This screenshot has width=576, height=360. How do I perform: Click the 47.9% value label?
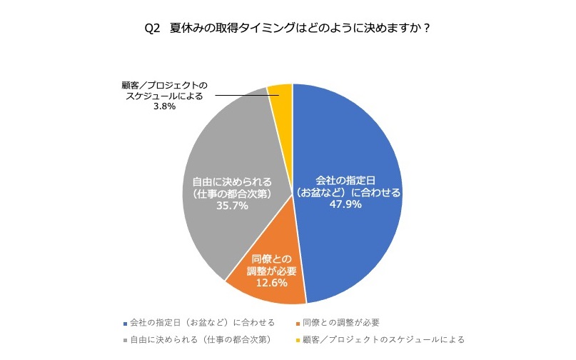(x=345, y=204)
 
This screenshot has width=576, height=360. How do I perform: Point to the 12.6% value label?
(x=270, y=283)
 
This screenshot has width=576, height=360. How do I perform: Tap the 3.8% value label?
(x=165, y=108)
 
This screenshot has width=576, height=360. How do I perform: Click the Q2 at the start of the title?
(x=151, y=29)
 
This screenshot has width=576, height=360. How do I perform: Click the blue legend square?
(x=125, y=322)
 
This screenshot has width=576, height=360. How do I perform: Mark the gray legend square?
(x=125, y=339)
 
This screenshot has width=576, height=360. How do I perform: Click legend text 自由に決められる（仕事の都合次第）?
(x=202, y=339)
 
